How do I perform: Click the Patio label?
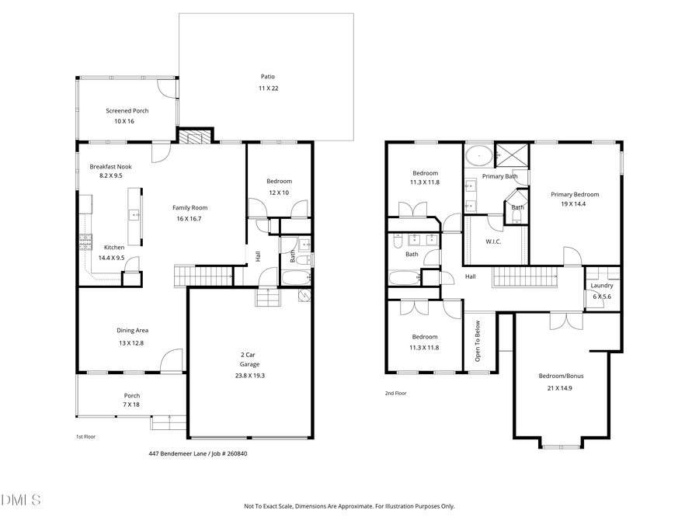click(267, 77)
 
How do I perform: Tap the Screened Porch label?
click(127, 111)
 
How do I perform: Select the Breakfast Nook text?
click(110, 167)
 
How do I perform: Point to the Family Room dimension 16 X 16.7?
click(190, 219)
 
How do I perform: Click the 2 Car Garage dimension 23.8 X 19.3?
click(249, 375)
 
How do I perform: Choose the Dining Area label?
click(132, 331)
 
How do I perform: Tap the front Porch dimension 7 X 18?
click(132, 404)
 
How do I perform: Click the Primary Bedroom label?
click(575, 195)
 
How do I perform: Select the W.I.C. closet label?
click(493, 241)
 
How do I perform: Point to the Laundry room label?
click(602, 286)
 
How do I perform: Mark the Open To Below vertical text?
click(478, 341)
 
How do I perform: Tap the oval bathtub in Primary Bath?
click(479, 156)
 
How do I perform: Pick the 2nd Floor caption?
click(395, 394)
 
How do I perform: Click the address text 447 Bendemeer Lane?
click(178, 453)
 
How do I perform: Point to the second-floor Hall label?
click(471, 276)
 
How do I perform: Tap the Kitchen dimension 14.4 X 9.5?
click(111, 257)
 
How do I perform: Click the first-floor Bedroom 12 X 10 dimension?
click(279, 193)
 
